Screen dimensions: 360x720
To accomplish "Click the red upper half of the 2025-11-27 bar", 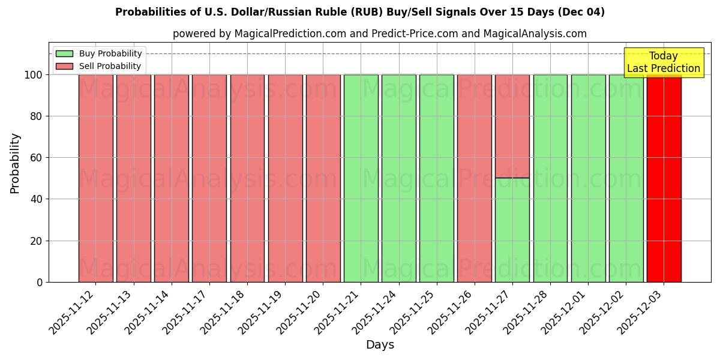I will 512,126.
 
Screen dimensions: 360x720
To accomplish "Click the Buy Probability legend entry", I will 98,53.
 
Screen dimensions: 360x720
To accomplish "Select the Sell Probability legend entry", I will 98,66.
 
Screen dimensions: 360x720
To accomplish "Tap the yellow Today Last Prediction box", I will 664,62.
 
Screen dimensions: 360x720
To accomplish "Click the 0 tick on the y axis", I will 40,282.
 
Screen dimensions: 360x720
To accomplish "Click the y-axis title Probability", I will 15,163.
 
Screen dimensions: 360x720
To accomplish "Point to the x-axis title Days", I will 380,345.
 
